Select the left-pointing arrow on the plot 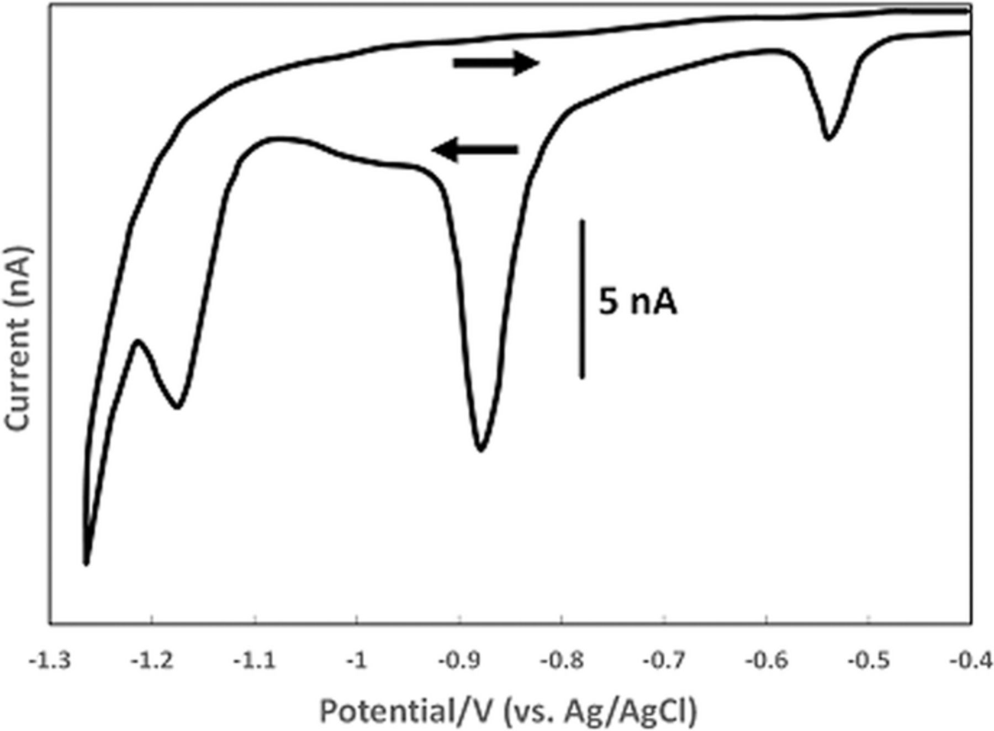(x=475, y=150)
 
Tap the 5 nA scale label (x=638, y=303)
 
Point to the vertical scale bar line (x=582, y=299)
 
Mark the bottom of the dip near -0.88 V (x=481, y=448)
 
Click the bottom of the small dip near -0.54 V (x=828, y=137)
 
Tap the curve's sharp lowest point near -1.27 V (x=86, y=563)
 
